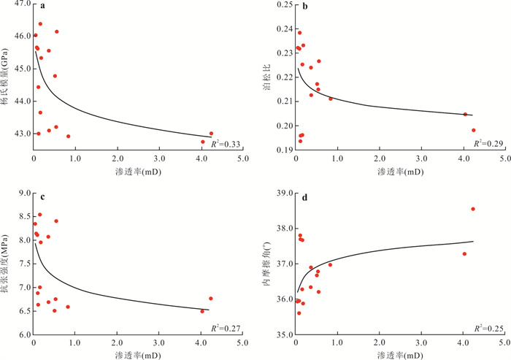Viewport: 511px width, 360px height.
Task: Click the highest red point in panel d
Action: [x=473, y=209]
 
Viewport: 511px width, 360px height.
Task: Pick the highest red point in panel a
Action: [x=40, y=24]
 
